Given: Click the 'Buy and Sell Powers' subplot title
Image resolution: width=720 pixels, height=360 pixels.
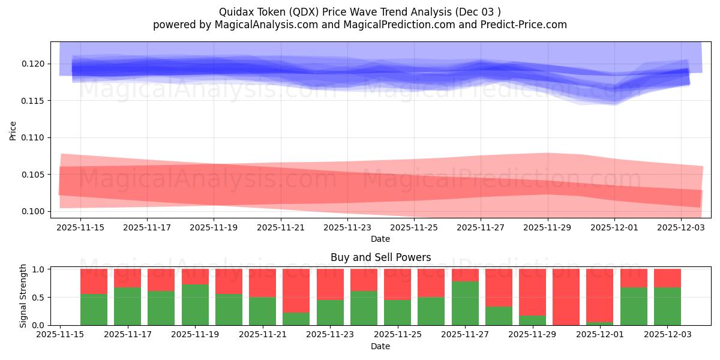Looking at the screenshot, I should click(x=380, y=257).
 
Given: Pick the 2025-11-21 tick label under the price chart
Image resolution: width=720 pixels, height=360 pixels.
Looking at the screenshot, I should click(x=281, y=227).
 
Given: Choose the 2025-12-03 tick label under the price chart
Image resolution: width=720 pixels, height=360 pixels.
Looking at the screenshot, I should click(x=681, y=227).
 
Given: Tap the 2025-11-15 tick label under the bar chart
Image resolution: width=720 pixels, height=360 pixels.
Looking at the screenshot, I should click(x=60, y=335).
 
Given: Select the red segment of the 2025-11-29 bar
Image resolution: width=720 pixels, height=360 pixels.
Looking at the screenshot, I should click(x=532, y=292).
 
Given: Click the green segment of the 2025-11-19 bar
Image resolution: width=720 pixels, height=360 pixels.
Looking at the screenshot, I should click(x=195, y=304).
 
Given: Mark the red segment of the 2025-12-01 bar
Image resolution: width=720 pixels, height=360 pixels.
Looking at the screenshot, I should click(x=599, y=295).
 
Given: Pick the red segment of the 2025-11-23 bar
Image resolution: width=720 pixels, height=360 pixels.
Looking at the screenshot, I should click(x=330, y=284).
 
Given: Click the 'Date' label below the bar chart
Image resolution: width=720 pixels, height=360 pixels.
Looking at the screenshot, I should click(x=380, y=346).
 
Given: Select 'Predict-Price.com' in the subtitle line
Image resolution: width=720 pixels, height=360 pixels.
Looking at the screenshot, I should click(x=521, y=25).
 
